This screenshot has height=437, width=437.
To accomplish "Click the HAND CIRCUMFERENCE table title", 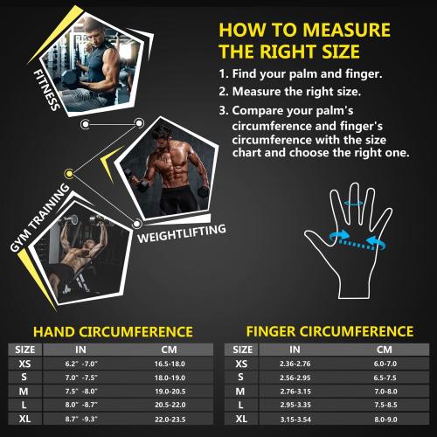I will click(x=112, y=332).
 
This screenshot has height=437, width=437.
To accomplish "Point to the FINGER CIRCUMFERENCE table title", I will click(x=330, y=332).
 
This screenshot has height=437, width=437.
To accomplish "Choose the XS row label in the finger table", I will click(x=240, y=364).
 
